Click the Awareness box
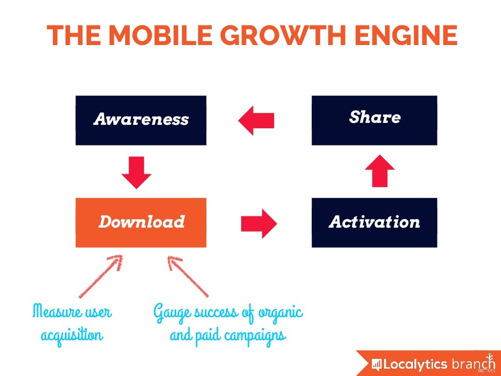(x=141, y=120)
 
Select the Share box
(x=374, y=120)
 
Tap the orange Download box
(x=141, y=222)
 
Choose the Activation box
(x=374, y=222)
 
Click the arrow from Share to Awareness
(x=255, y=120)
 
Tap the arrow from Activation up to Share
(x=380, y=170)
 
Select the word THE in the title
(x=73, y=35)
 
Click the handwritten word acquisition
(x=72, y=336)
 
